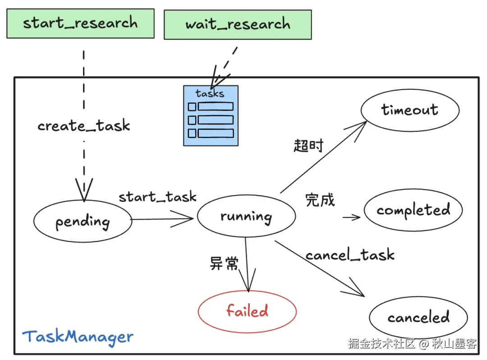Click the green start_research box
80,23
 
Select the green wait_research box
238,24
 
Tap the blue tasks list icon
211,116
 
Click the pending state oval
83,221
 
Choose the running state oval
246,216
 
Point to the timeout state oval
409,110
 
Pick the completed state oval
413,210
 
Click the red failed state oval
247,311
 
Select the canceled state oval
418,317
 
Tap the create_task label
84,125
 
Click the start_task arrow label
157,197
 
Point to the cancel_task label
350,255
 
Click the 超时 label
308,146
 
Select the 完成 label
320,199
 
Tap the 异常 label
224,263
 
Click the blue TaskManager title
78,337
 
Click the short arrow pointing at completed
352,217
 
